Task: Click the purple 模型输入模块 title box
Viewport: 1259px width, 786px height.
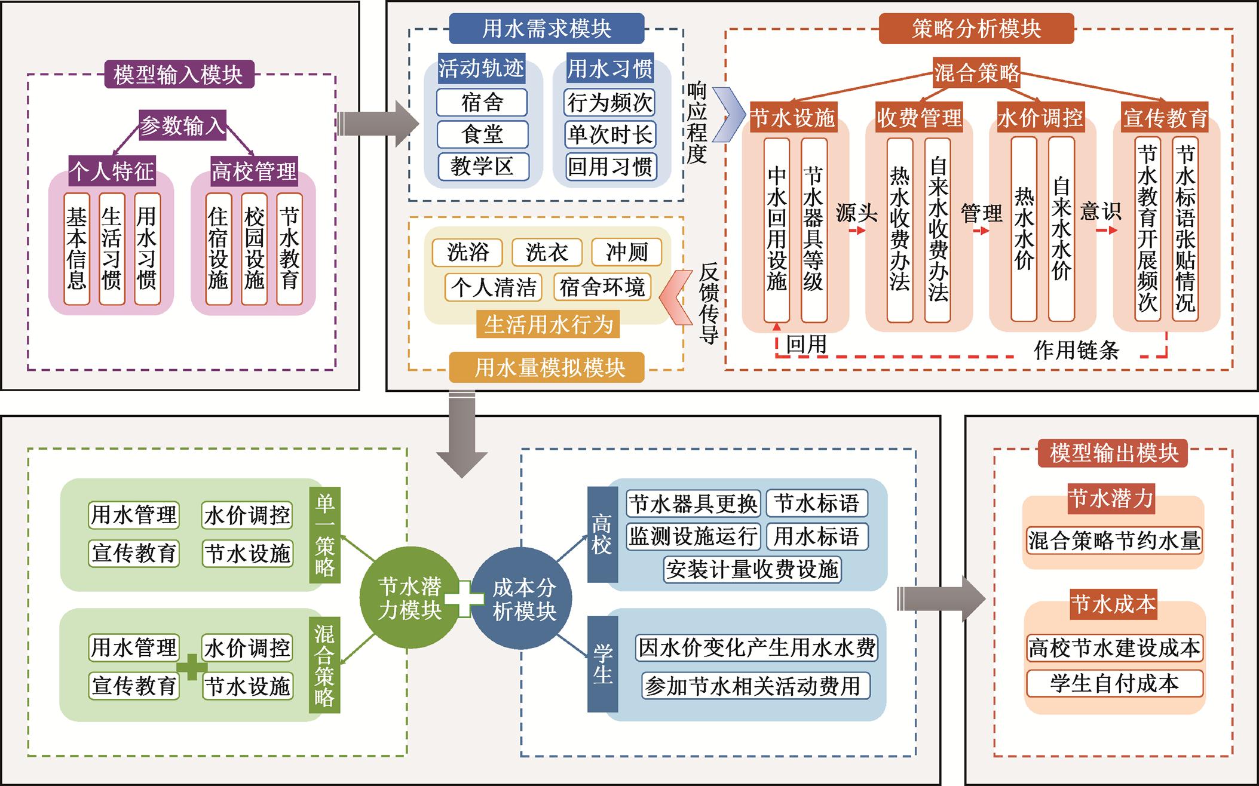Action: [x=178, y=75]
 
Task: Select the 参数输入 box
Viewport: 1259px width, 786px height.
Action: [x=182, y=125]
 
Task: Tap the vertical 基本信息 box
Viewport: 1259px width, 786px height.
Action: [x=76, y=248]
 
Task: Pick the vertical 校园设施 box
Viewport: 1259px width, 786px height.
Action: [x=254, y=248]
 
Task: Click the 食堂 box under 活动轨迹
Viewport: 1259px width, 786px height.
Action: [x=482, y=134]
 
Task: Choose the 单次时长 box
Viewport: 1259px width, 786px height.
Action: [x=610, y=134]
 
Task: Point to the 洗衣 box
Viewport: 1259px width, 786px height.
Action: [x=547, y=252]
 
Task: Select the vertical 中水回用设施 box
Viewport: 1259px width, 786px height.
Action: [x=777, y=230]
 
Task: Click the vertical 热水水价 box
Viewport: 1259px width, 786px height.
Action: [x=1024, y=230]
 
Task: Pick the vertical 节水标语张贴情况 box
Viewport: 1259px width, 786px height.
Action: [x=1185, y=230]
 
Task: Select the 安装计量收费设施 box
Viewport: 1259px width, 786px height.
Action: [x=752, y=569]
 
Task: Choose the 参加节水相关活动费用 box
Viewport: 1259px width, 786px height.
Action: [x=752, y=686]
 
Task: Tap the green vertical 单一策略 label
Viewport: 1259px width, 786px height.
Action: [x=325, y=535]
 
